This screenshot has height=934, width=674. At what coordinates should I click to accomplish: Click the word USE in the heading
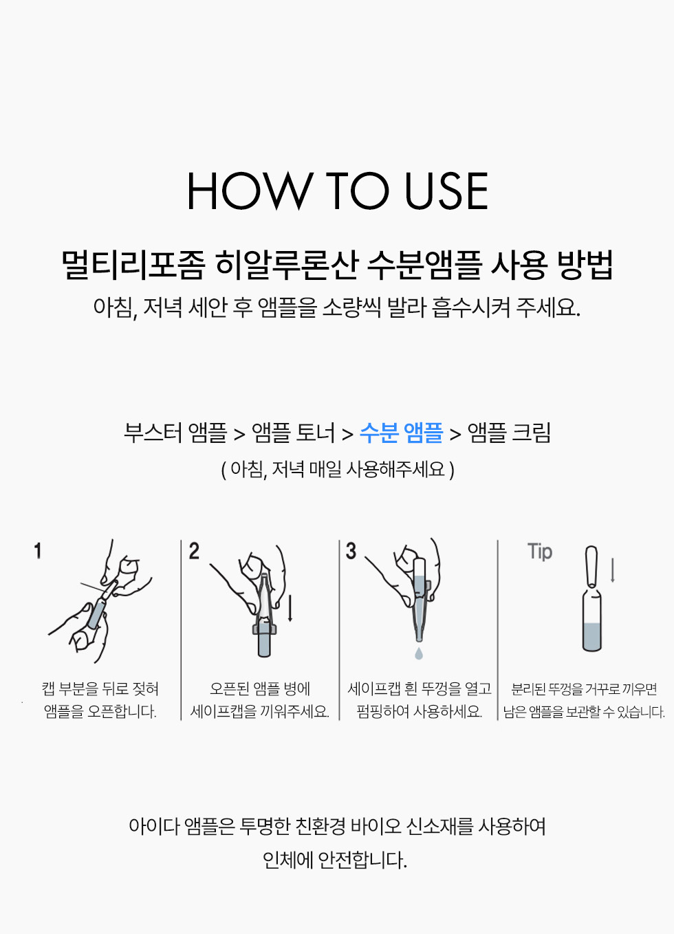click(x=446, y=191)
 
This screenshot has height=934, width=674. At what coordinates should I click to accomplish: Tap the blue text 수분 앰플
click(x=401, y=433)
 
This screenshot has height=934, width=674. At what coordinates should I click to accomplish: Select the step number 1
click(x=38, y=551)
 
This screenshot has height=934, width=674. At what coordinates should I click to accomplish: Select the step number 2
click(x=194, y=551)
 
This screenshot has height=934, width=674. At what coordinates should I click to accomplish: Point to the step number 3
click(x=351, y=551)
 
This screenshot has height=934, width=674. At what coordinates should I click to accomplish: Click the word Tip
click(x=540, y=552)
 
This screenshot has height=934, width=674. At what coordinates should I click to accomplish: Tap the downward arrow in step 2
click(x=290, y=607)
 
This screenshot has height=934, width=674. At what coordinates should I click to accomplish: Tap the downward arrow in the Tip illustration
click(x=613, y=570)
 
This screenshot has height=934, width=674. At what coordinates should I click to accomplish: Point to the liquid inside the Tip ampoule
click(x=592, y=636)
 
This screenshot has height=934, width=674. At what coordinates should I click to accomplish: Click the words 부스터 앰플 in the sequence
click(x=175, y=433)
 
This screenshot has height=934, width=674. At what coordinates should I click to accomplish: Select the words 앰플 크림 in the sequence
click(x=509, y=433)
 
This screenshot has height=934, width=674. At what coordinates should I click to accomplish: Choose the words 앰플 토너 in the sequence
click(x=293, y=433)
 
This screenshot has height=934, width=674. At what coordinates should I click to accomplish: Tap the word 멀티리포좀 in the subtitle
click(x=133, y=265)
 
